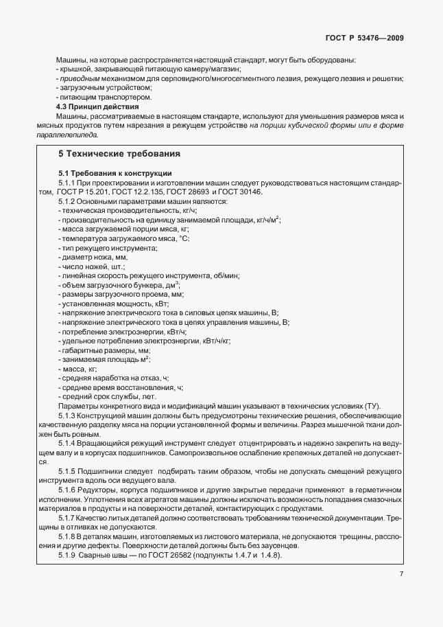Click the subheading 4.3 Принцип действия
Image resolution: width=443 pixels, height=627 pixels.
point(97,108)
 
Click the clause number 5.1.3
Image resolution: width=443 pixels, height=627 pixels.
point(67,416)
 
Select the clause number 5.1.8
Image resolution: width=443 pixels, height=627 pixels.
point(67,536)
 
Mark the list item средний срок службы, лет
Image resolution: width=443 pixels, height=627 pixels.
point(108,396)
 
